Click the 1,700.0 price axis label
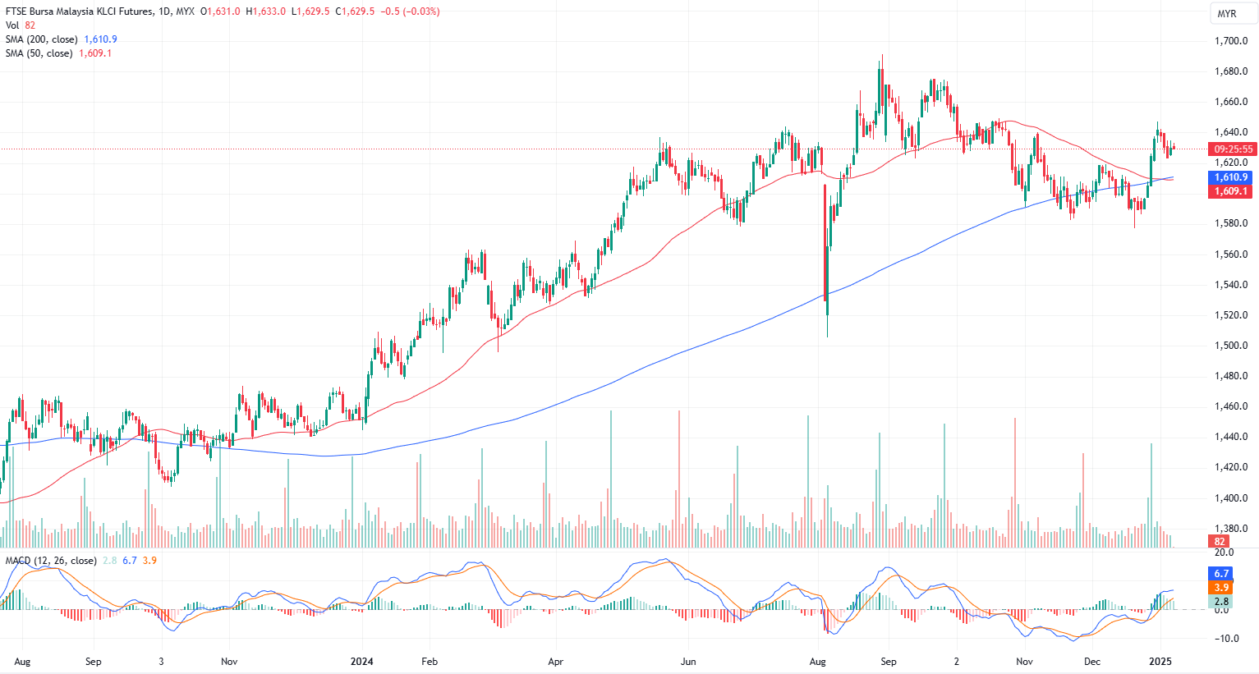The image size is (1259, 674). pos(1231,41)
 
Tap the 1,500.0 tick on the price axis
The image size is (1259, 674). pos(1231,346)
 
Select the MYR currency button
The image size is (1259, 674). pos(1227,14)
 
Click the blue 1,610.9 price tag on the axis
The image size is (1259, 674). pos(1231,177)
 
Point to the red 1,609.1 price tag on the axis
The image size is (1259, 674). pos(1231,191)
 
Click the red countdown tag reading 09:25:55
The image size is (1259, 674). pos(1234,149)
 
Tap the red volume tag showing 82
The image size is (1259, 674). pos(1220,542)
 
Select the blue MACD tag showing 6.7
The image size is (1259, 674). pos(1221,574)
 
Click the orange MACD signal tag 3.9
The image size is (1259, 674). pos(1221,588)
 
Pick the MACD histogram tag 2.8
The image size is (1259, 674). pos(1221,602)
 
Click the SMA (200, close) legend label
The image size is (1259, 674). pos(42,39)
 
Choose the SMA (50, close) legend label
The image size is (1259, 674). pos(39,53)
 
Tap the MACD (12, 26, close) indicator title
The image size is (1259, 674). pos(51,561)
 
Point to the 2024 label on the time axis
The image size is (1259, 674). pos(361,661)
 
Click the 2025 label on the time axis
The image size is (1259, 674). pos(1160,661)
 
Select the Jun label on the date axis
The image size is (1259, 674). pos(688,661)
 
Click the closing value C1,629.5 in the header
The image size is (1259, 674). pos(355,11)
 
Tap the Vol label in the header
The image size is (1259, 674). pos(12,25)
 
